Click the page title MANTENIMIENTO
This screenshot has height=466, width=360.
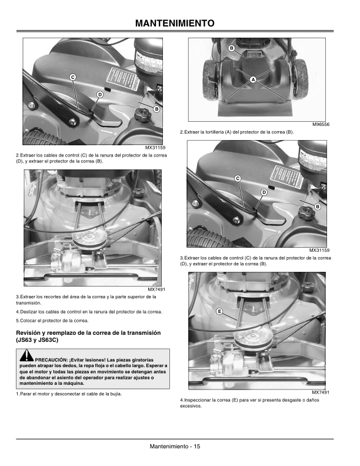pos(175,23)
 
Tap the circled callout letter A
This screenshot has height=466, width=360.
pos(253,79)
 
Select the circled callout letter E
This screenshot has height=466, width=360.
pos(219,311)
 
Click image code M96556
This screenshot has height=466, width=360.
pos(321,125)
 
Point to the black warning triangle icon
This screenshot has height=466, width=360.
pos(26,356)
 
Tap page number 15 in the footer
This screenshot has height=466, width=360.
pos(197,446)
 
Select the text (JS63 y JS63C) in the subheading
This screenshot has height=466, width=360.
pos(37,340)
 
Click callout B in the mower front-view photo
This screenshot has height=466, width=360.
pos(232,48)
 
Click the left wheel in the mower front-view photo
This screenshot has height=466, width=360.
pos(211,79)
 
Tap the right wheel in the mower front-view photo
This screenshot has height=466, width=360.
pos(301,78)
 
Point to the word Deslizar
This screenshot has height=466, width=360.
pos(28,312)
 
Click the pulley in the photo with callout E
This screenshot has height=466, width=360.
pos(252,338)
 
